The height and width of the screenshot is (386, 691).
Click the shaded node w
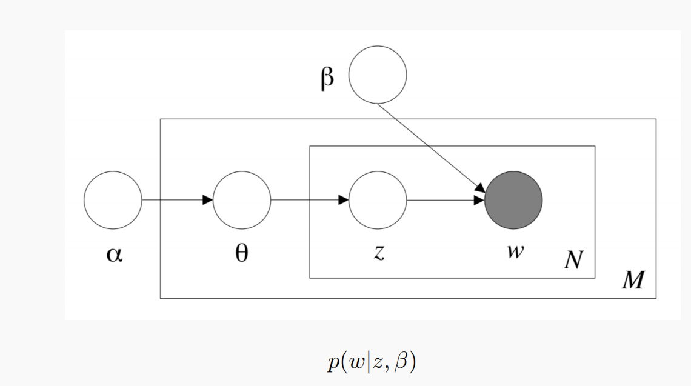tap(513, 200)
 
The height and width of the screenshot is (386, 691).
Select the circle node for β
tap(378, 75)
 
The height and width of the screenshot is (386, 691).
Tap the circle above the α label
tap(113, 200)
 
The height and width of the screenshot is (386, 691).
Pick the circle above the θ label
tap(242, 200)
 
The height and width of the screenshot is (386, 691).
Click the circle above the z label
tap(378, 200)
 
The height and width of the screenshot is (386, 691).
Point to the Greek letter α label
tap(113, 254)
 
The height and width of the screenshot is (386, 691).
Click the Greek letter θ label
tap(241, 253)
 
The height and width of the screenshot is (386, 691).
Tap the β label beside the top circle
tap(327, 79)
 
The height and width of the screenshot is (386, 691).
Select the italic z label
tap(378, 253)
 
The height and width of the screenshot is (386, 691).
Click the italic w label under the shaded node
tap(514, 251)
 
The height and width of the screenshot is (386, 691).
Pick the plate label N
tap(572, 261)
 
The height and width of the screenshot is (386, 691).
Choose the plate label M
tap(633, 281)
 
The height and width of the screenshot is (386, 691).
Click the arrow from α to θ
tap(176, 200)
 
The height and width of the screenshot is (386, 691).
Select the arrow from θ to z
tap(309, 200)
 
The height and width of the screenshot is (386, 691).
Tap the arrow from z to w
tap(446, 200)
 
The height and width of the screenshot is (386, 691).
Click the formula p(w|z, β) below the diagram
tap(370, 362)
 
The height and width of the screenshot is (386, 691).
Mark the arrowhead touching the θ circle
tap(208, 200)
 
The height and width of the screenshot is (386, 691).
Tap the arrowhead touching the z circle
tap(344, 200)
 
